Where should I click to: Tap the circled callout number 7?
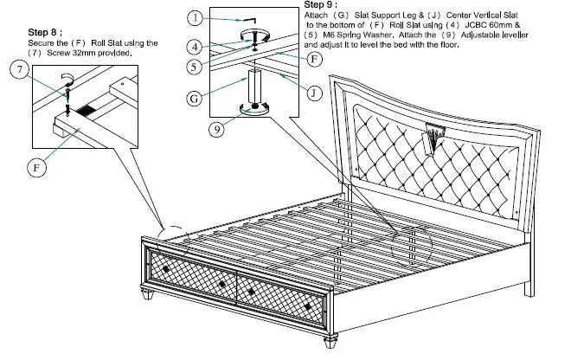click(16, 69)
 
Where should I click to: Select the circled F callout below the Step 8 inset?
click(37, 166)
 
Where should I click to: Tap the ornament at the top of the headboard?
click(433, 132)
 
